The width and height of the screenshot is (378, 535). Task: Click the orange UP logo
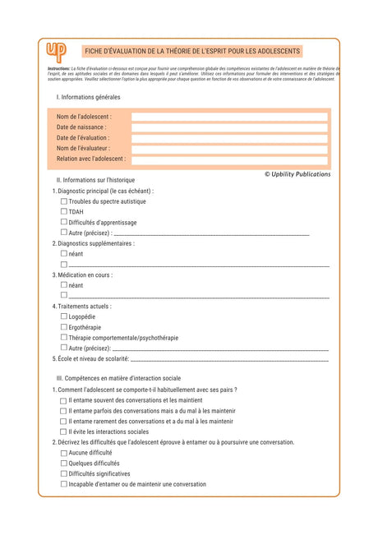click(x=56, y=51)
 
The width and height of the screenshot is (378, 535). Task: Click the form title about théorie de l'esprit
click(x=193, y=52)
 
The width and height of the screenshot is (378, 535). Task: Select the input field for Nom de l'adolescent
click(x=229, y=117)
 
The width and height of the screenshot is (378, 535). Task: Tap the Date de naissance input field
click(x=229, y=127)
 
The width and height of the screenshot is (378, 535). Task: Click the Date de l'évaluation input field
click(x=229, y=138)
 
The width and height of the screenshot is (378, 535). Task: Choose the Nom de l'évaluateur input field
click(x=229, y=149)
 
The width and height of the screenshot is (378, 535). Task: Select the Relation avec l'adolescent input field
click(x=229, y=159)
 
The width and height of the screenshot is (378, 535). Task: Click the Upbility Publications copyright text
click(x=297, y=174)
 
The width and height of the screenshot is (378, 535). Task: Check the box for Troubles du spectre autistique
click(x=64, y=201)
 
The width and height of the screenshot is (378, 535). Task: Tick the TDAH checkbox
click(x=64, y=211)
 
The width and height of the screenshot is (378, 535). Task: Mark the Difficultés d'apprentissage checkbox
click(x=64, y=222)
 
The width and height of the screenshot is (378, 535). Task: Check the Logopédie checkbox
click(x=64, y=316)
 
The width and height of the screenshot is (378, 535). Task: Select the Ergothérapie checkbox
click(x=64, y=327)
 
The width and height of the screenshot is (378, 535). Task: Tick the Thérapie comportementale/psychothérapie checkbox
click(x=64, y=338)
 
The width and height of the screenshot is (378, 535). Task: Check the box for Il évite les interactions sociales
click(x=64, y=431)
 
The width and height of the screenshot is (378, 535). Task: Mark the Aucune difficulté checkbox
click(x=64, y=453)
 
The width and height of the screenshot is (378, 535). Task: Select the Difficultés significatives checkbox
click(x=64, y=473)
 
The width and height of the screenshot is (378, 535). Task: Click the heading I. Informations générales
click(x=88, y=97)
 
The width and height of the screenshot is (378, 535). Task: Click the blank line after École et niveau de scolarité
click(x=229, y=360)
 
